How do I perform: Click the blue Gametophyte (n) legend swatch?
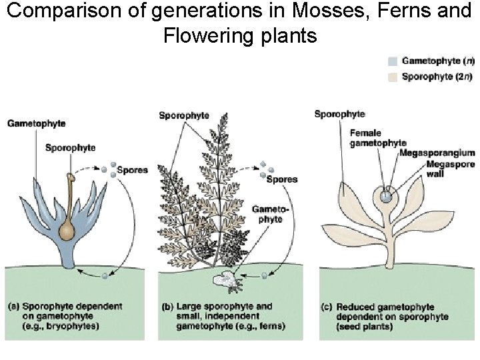393,61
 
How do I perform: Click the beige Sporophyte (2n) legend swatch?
393,77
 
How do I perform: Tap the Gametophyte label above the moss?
36,123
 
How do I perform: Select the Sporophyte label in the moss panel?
71,147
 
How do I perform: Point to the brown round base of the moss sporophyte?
67,231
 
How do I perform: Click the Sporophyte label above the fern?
184,115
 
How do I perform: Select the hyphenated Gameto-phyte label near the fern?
268,213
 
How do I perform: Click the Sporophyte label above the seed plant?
339,114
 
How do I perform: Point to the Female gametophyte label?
377,138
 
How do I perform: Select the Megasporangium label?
437,153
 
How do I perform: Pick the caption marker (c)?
327,307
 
